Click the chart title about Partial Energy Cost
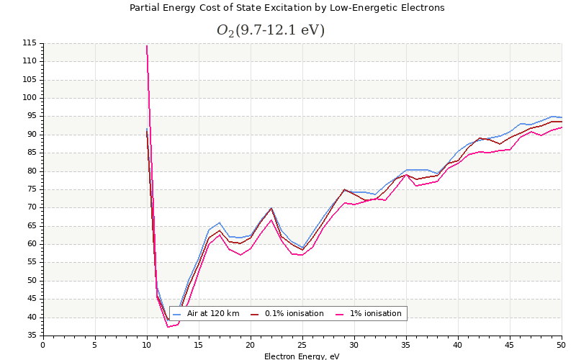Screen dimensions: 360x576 (x=287, y=8)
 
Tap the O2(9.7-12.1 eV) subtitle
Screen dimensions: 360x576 (x=270, y=30)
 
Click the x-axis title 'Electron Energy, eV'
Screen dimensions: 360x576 (x=302, y=356)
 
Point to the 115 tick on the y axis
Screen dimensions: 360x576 (x=30, y=43)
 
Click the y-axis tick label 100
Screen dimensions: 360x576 (x=30, y=98)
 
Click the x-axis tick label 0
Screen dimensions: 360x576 (x=43, y=345)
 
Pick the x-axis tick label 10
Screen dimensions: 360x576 (x=147, y=345)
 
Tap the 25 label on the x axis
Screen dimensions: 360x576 (x=302, y=345)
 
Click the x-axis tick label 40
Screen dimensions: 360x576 (x=458, y=345)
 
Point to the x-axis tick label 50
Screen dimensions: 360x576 (x=562, y=345)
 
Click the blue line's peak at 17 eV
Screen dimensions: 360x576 (x=220, y=222)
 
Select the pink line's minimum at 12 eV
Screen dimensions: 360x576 (x=168, y=327)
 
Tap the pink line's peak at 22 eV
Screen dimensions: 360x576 (x=271, y=220)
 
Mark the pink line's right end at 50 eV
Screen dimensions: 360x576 (x=562, y=127)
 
